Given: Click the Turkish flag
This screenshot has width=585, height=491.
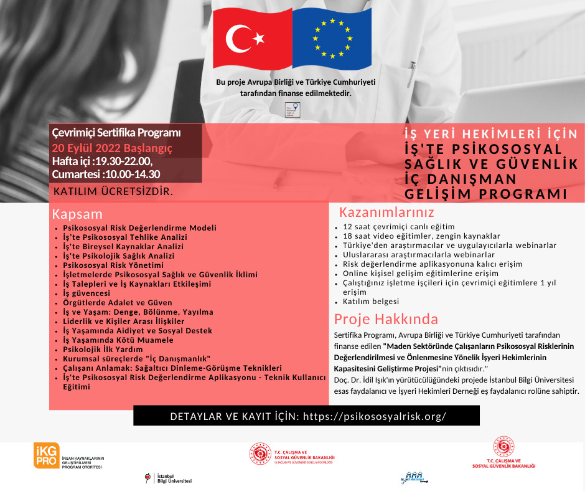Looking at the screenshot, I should [253, 39].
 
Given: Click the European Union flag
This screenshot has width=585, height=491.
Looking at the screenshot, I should [332, 39].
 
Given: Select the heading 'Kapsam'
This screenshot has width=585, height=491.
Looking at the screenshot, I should [77, 214].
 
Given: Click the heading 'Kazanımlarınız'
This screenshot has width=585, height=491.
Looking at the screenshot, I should [386, 212].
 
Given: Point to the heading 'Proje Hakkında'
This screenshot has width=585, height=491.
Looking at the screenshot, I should [386, 319].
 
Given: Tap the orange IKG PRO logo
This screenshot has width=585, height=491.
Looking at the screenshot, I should [47, 455].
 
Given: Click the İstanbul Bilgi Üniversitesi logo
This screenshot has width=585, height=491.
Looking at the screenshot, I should [168, 479].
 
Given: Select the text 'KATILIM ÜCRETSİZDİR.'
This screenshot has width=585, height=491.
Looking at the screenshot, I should [113, 190].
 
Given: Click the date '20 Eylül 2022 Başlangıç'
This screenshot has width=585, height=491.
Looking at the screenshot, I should [112, 148].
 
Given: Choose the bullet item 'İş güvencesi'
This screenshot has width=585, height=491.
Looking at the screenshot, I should [87, 293].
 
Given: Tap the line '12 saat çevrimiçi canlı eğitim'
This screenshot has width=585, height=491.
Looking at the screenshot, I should [399, 226].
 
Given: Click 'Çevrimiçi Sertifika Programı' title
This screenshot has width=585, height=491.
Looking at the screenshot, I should [116, 133].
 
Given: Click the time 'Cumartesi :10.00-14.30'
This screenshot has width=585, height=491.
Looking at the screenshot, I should [106, 174].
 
